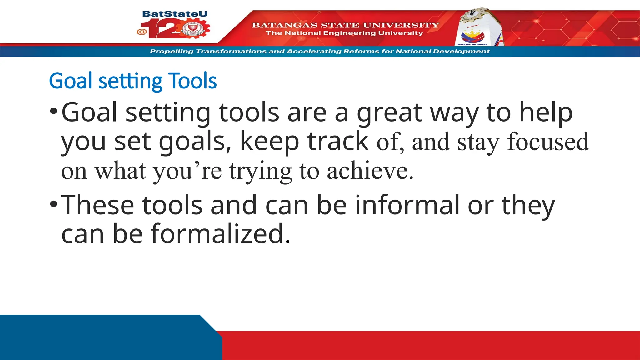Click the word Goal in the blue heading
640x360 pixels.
pyautogui.click(x=71, y=81)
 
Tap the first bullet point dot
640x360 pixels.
pyautogui.click(x=53, y=111)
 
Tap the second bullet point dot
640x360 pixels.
pyautogui.click(x=53, y=205)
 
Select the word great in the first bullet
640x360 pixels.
pyautogui.click(x=390, y=113)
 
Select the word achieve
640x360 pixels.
pyautogui.click(x=370, y=171)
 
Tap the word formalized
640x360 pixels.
pyautogui.click(x=221, y=234)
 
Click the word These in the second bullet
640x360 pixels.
pyautogui.click(x=97, y=205)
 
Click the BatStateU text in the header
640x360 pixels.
pyautogui.click(x=175, y=14)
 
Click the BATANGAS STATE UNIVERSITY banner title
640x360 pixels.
pyautogui.click(x=345, y=25)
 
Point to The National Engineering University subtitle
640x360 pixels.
pyautogui.click(x=344, y=33)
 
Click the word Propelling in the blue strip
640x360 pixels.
pyautogui.click(x=172, y=51)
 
